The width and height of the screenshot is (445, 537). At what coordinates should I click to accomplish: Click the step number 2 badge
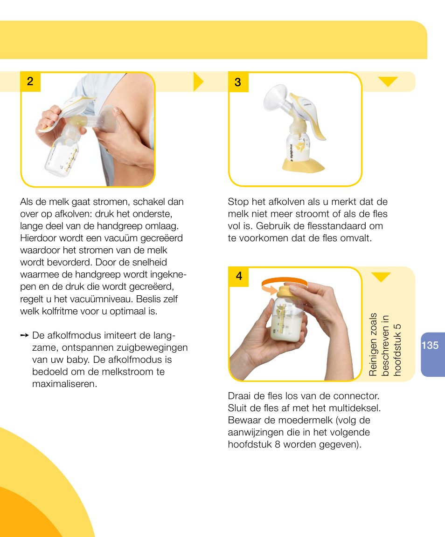coord(30,82)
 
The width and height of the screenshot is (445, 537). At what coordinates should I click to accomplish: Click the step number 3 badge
coord(238,82)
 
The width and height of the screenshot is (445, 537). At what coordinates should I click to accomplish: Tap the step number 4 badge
coord(239,277)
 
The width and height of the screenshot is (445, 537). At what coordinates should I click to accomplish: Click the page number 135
coord(430,345)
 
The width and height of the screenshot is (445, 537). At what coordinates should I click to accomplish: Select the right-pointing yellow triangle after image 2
coord(199,82)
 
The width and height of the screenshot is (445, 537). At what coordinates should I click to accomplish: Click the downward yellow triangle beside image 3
coord(388,82)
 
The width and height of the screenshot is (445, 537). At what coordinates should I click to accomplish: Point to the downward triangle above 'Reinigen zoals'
coord(381,277)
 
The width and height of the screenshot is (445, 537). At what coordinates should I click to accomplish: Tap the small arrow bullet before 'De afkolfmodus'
coord(24,335)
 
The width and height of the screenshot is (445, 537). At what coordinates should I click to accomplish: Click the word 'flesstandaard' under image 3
coord(334,226)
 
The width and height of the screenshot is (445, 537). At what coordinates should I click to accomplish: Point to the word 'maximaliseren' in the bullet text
coord(64,384)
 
